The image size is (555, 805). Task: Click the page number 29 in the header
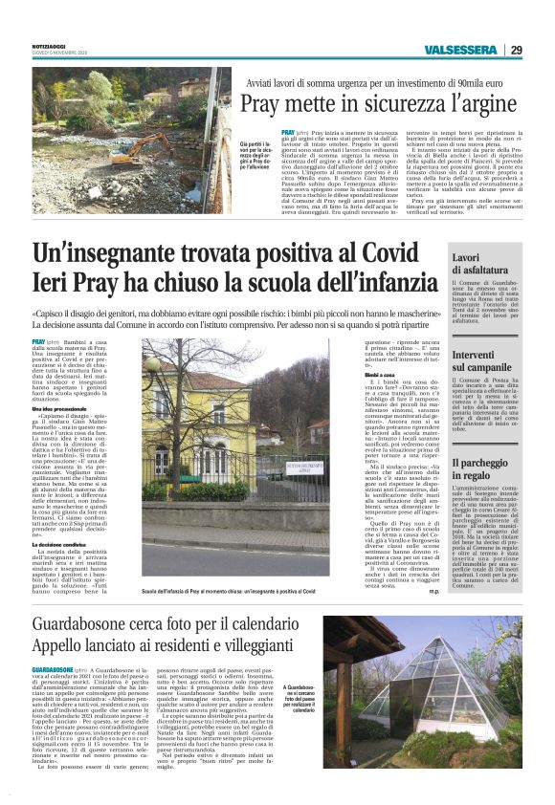[x=516, y=50]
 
